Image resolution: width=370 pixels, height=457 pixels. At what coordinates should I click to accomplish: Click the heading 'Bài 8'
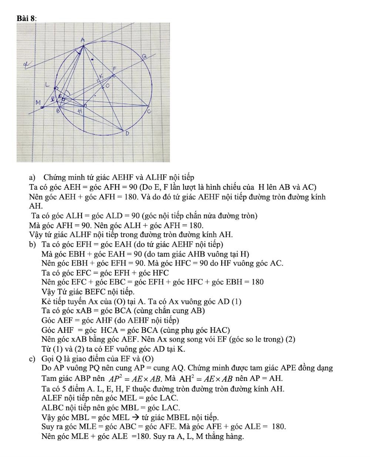coord(26,18)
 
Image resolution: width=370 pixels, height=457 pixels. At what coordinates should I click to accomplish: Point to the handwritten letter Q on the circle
coord(144,56)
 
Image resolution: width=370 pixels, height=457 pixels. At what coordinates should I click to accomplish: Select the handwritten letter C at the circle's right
coord(149,111)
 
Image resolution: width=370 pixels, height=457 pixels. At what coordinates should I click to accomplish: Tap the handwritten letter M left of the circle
coord(38,102)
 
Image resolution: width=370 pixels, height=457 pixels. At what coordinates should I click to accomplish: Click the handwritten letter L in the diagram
coord(47,85)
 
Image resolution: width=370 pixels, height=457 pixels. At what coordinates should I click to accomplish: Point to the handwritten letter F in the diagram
coord(114,69)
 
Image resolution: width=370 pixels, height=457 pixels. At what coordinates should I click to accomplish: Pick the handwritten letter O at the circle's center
coord(108,86)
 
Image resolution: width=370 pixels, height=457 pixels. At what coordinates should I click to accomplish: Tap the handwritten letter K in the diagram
coord(100,76)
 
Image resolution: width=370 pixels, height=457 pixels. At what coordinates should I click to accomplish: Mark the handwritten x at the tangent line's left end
coord(26,65)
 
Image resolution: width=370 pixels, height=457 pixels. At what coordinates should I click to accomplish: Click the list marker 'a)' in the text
coord(32,177)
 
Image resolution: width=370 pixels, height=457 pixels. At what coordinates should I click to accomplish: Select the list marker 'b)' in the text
coord(32,244)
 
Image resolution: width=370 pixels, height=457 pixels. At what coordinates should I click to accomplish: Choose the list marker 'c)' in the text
coord(32,359)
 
